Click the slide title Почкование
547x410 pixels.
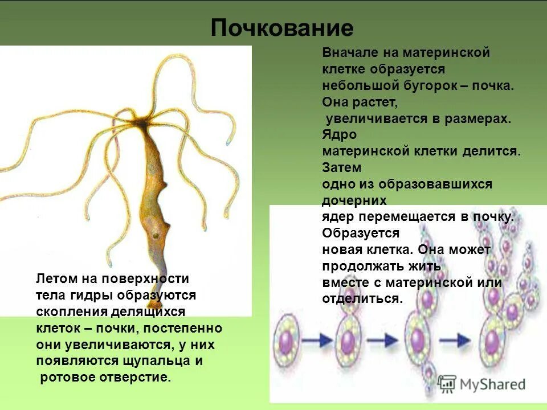click(282, 28)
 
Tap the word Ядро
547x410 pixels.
click(339, 136)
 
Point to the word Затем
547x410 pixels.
click(341, 169)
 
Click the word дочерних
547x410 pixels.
click(354, 201)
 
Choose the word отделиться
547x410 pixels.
click(361, 299)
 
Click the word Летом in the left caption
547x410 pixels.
click(55, 279)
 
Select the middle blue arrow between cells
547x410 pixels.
click(385, 340)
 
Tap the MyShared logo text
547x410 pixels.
click(491, 384)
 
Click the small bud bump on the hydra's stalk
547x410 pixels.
click(164, 186)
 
